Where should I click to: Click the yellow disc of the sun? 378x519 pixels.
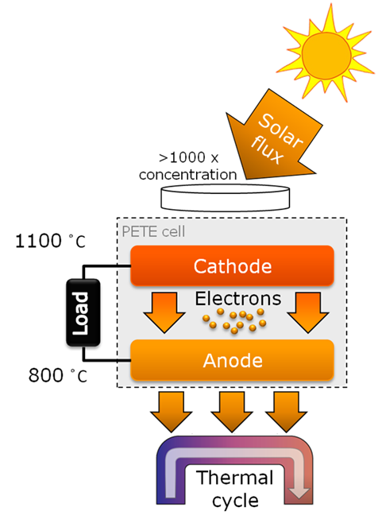pyautogui.click(x=326, y=56)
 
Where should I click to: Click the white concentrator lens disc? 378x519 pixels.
pyautogui.click(x=226, y=198)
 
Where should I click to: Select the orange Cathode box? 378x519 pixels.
pyautogui.click(x=232, y=265)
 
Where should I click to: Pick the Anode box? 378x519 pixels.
pyautogui.click(x=232, y=360)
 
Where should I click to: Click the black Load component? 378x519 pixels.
pyautogui.click(x=83, y=313)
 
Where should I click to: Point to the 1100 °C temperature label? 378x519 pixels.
pyautogui.click(x=50, y=241)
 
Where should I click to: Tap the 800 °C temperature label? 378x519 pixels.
pyautogui.click(x=57, y=375)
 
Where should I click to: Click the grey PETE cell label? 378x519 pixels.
pyautogui.click(x=153, y=231)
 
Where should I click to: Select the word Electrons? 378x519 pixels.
pyautogui.click(x=238, y=299)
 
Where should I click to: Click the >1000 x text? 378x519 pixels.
pyautogui.click(x=188, y=157)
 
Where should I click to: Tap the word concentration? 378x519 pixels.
pyautogui.click(x=188, y=174)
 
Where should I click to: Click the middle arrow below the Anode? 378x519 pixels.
pyautogui.click(x=232, y=412)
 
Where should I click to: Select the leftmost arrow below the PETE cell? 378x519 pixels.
pyautogui.click(x=171, y=412)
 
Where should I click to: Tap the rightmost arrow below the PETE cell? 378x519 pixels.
pyautogui.click(x=286, y=412)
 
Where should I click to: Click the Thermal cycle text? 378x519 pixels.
pyautogui.click(x=235, y=489)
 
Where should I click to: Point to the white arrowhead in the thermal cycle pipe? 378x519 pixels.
pyautogui.click(x=299, y=492)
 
